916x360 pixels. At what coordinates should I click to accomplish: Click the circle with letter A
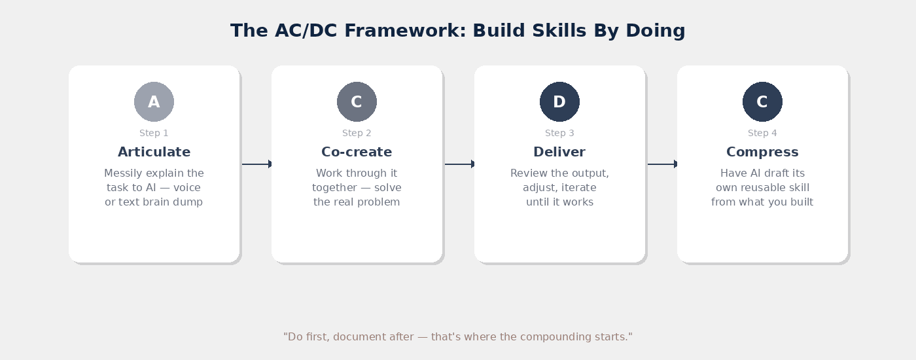(x=154, y=102)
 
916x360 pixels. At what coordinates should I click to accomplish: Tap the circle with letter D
(x=559, y=102)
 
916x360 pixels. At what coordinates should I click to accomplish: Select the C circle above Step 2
(x=357, y=102)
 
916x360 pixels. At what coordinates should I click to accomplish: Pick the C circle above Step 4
(x=762, y=102)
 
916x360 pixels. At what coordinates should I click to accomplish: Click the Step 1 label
(x=154, y=134)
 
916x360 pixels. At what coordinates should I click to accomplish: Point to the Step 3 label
(x=559, y=134)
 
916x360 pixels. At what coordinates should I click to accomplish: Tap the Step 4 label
(x=762, y=134)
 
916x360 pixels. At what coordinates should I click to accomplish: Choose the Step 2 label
(x=357, y=134)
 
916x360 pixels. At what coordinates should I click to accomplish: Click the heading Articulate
(x=154, y=153)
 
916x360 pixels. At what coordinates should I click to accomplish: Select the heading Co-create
(x=357, y=153)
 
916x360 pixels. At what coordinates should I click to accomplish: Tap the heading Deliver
(x=559, y=153)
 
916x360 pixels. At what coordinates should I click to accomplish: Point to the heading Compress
(x=762, y=153)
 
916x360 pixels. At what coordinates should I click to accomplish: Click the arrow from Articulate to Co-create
(x=256, y=164)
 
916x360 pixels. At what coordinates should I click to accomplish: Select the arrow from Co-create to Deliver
(x=459, y=164)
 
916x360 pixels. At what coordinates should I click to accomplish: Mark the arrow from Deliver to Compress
(x=662, y=164)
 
